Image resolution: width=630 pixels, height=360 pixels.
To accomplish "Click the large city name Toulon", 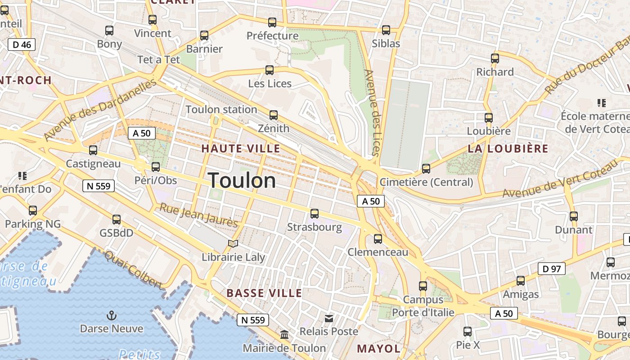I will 242,180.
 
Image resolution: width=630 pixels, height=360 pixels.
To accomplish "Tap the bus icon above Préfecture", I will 272,22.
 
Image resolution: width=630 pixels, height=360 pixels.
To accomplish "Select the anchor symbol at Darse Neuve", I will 111,315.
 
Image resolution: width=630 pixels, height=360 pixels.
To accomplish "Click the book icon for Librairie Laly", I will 233,244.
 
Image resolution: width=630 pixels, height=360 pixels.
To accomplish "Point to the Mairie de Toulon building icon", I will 284,335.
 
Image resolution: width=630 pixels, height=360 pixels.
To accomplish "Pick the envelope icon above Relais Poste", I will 329,319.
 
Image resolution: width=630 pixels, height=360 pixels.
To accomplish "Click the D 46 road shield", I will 22,45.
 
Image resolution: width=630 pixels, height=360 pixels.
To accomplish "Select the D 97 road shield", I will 551,269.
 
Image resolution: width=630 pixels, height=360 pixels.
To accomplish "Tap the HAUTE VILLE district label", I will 240,148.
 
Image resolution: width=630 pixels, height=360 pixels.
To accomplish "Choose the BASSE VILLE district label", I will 264,293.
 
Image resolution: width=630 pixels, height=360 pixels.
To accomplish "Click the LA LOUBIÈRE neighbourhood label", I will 508,148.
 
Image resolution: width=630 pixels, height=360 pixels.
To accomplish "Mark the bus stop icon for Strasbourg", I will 315,214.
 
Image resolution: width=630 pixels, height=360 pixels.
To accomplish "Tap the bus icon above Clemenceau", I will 378,239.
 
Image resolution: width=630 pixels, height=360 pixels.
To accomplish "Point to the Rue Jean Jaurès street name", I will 199,215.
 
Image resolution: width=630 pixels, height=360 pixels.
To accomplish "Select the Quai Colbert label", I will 133,270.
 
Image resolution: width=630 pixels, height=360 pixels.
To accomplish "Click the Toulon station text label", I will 221,109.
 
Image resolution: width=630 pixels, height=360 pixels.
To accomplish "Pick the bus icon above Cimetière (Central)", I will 426,169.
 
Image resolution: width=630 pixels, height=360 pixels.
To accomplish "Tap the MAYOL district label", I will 378,348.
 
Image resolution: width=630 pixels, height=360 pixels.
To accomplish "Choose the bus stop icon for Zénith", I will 274,115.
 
